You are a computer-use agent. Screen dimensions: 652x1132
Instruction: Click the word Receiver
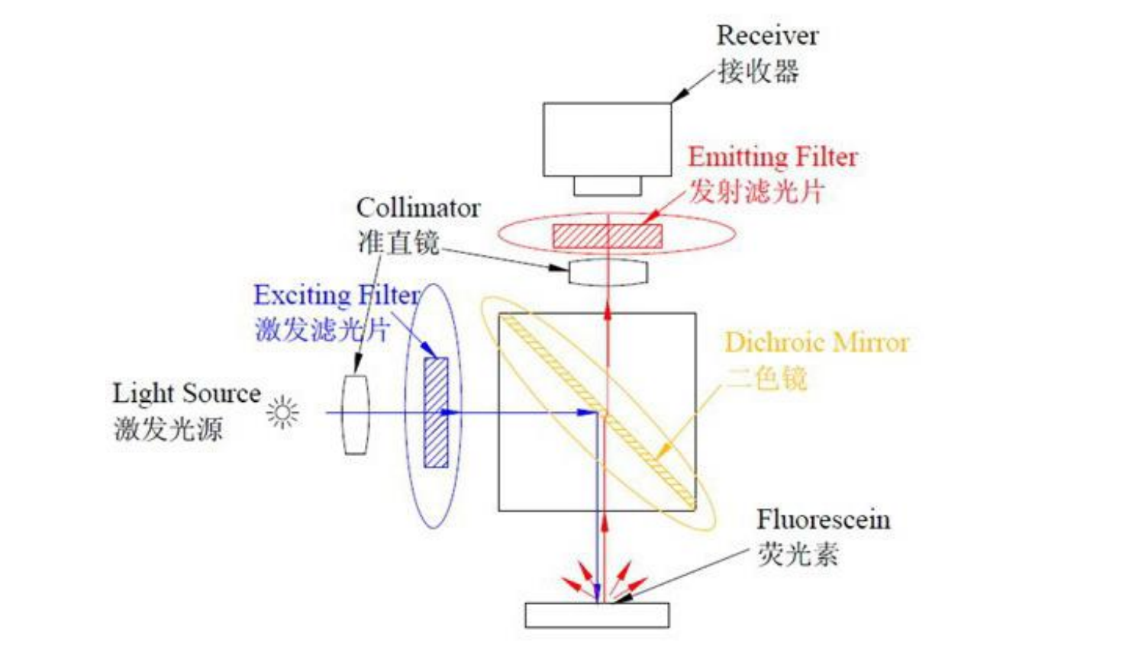click(766, 36)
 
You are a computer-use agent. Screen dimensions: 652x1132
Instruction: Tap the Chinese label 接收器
click(758, 72)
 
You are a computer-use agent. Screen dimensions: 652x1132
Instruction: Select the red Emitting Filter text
click(772, 157)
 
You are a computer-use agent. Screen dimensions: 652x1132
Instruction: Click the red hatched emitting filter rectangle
click(607, 236)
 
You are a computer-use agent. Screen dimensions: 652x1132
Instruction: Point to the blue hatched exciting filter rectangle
click(436, 412)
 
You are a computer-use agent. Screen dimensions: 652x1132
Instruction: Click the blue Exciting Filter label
click(337, 295)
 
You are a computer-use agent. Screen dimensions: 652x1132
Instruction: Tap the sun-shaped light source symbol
click(282, 413)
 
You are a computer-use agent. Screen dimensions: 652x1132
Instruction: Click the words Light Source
click(186, 393)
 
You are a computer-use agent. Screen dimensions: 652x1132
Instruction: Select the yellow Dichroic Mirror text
click(816, 342)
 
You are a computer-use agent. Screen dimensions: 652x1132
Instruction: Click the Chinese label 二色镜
click(766, 377)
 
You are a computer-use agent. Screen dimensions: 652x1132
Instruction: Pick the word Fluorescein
click(823, 520)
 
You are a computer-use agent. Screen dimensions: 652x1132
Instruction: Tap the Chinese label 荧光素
click(798, 554)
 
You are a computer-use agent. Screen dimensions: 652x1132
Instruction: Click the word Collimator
click(418, 207)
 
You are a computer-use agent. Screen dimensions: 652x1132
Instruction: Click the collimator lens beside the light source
click(355, 414)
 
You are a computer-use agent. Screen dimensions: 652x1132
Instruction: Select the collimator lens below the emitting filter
click(608, 273)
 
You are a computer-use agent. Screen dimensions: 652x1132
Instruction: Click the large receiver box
click(607, 140)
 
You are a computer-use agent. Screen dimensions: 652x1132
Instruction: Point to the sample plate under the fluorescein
click(597, 615)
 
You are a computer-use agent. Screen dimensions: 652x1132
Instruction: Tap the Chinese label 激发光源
click(168, 429)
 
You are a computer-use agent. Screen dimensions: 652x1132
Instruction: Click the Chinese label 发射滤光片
click(756, 191)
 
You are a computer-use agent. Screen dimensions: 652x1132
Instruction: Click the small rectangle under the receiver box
click(608, 185)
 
